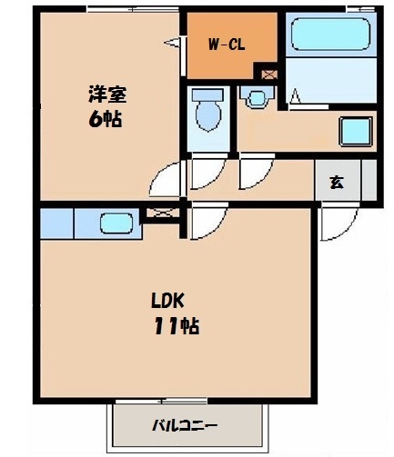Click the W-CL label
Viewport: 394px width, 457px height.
pos(227,45)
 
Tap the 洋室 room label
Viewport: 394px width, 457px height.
pos(107,94)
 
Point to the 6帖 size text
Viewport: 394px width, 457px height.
pos(106,119)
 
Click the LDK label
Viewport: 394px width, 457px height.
pos(167,301)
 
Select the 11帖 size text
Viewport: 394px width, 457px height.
pos(177,326)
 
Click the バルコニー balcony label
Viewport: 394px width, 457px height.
pos(185,425)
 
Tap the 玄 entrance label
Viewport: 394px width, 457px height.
pos(337,182)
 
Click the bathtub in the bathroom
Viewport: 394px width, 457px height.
pos(330,34)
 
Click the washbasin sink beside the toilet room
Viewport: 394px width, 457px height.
pos(258,98)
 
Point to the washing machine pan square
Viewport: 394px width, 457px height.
pos(356,132)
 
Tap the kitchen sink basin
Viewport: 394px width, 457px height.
pos(116,224)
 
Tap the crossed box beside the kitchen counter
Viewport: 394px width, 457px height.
pos(163,213)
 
